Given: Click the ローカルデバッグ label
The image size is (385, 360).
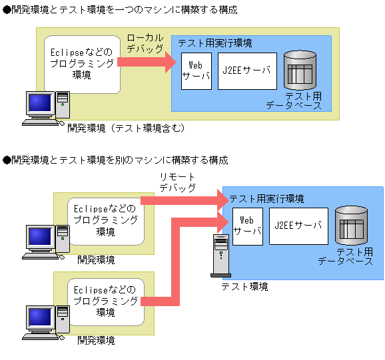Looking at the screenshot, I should coord(145,47).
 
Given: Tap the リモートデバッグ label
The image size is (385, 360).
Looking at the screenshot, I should coord(177,182).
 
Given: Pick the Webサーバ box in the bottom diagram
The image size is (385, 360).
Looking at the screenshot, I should coord(247,226).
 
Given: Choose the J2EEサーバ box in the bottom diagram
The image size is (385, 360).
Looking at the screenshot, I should coord(298,226).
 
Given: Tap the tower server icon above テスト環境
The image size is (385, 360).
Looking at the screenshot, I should coord(219,256).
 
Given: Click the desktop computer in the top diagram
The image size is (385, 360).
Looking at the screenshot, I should coord(45,108).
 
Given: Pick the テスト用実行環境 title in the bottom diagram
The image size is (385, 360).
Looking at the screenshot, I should coord(266,199).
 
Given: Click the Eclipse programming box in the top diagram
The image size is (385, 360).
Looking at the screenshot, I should coord(82,63).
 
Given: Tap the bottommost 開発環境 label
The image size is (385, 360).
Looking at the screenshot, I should coord(96,340).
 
